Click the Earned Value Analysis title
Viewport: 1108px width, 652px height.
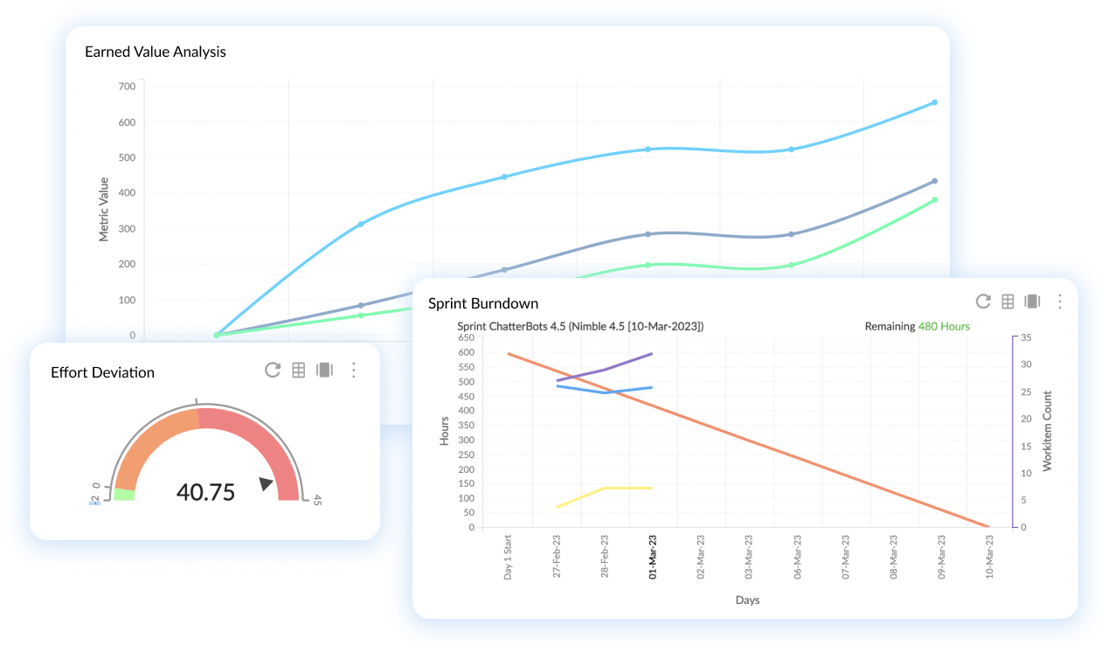tap(155, 52)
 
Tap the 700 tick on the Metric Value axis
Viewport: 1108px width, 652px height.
tap(126, 86)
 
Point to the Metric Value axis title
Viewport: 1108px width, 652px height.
tap(104, 209)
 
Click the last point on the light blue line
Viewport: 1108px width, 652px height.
tap(934, 102)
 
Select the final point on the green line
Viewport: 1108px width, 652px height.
tap(934, 200)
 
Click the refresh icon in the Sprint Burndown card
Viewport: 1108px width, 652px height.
tap(983, 302)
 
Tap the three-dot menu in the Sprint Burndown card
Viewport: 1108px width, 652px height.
tap(1059, 302)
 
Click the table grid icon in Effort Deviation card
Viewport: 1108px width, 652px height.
tap(299, 370)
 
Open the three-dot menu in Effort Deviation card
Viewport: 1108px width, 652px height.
tap(354, 370)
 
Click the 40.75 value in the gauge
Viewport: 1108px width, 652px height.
tap(205, 492)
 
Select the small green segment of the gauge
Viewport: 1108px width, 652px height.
tap(124, 495)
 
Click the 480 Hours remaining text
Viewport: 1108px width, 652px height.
tap(944, 327)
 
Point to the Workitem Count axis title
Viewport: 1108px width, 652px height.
tap(1047, 431)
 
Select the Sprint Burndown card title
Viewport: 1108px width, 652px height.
tap(483, 303)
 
